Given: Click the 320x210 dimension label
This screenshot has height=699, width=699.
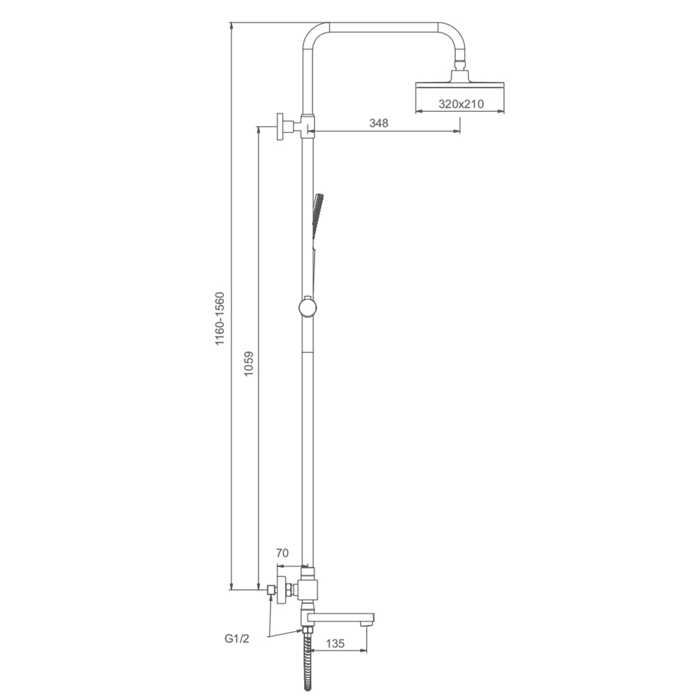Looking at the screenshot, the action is (461, 104).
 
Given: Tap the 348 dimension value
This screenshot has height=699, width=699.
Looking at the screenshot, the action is (378, 123).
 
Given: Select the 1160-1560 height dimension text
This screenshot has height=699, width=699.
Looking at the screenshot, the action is (220, 318).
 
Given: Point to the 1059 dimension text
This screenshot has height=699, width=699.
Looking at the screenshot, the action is (249, 363).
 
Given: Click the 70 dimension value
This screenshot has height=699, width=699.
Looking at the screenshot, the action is (282, 553).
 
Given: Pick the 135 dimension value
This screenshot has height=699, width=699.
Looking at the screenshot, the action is (336, 643).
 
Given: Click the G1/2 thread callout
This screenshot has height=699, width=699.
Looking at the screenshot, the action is (237, 639).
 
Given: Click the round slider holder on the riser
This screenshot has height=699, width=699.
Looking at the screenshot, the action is (308, 307).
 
